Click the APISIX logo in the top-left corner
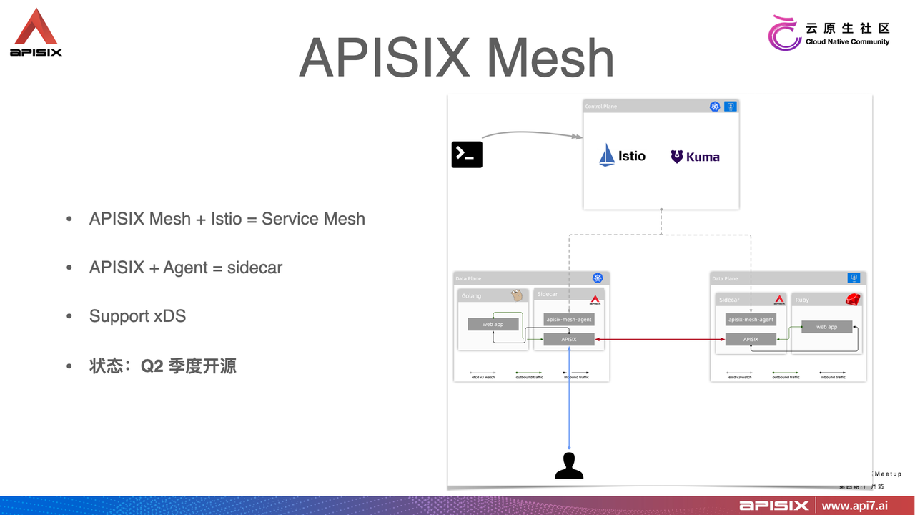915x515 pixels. pyautogui.click(x=36, y=33)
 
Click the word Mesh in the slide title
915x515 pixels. pyautogui.click(x=550, y=58)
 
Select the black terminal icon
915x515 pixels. pyautogui.click(x=467, y=154)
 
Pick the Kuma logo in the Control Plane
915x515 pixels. pyautogui.click(x=695, y=157)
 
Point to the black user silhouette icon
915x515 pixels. pyautogui.click(x=569, y=466)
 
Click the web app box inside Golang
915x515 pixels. pyautogui.click(x=493, y=324)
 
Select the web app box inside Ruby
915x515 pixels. pyautogui.click(x=826, y=327)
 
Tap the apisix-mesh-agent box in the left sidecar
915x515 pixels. pyautogui.click(x=569, y=320)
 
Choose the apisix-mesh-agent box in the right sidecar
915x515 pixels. pyautogui.click(x=751, y=320)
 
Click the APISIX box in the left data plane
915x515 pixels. pyautogui.click(x=569, y=340)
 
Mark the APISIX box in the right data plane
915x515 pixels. pyautogui.click(x=751, y=340)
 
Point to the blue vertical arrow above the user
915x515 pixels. pyautogui.click(x=569, y=408)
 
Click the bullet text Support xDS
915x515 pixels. pyautogui.click(x=137, y=316)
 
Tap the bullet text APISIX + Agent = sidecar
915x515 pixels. pyautogui.click(x=185, y=268)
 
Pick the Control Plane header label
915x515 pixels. pyautogui.click(x=600, y=107)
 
